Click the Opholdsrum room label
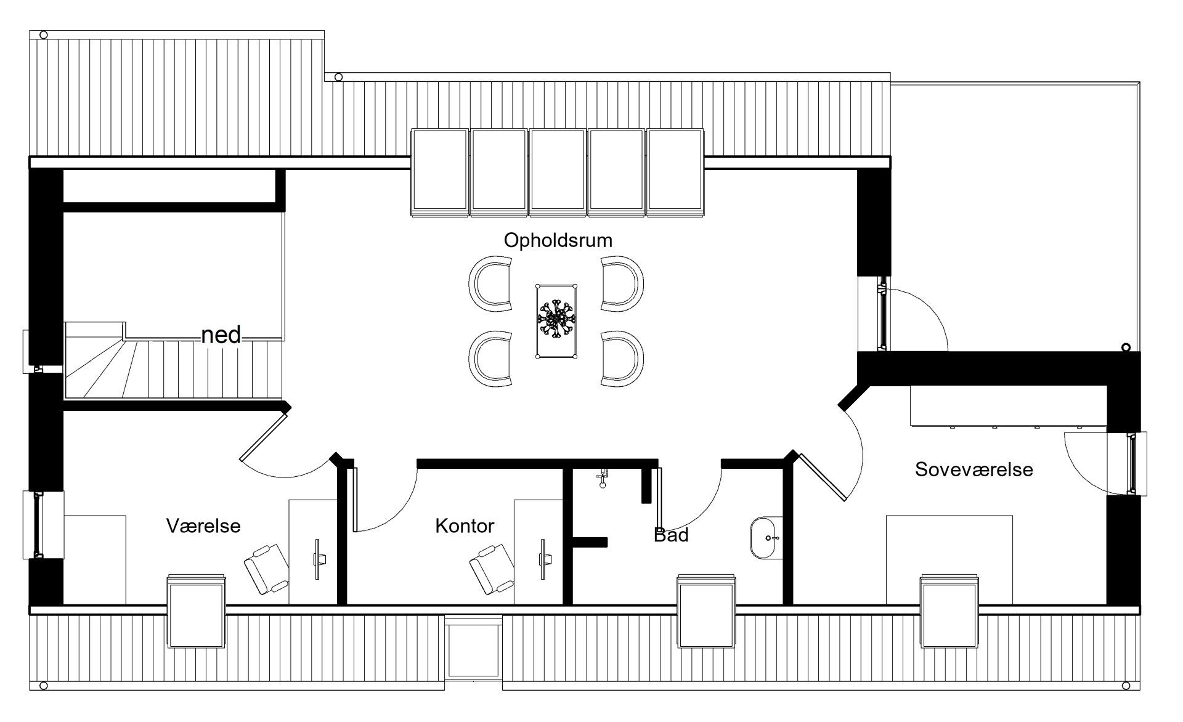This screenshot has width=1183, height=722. pyautogui.click(x=558, y=240)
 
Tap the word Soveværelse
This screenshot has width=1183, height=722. pyautogui.click(x=974, y=469)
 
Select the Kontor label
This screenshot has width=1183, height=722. pyautogui.click(x=465, y=526)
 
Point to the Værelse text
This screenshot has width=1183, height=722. pyautogui.click(x=203, y=526)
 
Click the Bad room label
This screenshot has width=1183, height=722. pyautogui.click(x=671, y=535)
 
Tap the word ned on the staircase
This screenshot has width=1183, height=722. pyautogui.click(x=221, y=335)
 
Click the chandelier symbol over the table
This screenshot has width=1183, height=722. pyautogui.click(x=556, y=320)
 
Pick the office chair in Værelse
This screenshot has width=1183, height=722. pyautogui.click(x=266, y=568)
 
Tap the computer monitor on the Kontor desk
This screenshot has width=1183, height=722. pyautogui.click(x=543, y=559)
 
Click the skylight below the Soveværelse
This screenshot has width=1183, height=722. pyautogui.click(x=949, y=611)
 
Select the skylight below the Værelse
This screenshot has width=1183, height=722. pyautogui.click(x=196, y=611)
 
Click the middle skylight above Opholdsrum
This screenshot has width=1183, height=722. pyautogui.click(x=558, y=172)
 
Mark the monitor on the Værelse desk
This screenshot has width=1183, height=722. pyautogui.click(x=318, y=559)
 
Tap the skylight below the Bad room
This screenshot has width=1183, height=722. pyautogui.click(x=706, y=611)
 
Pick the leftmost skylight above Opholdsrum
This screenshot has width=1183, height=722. pyautogui.click(x=439, y=172)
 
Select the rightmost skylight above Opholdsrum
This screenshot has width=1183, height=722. pyautogui.click(x=676, y=172)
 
